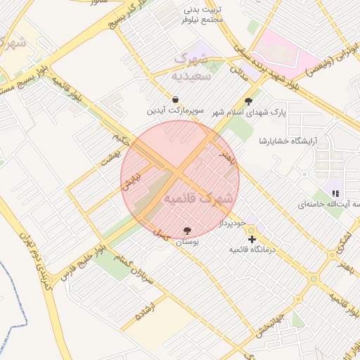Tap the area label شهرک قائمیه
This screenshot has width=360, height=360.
(x=198, y=200)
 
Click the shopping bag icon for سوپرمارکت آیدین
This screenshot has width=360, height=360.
(x=175, y=99)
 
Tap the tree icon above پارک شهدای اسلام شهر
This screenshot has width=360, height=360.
(x=247, y=101)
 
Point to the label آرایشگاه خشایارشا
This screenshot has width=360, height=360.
(x=288, y=141)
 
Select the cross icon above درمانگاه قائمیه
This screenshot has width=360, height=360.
(x=252, y=239)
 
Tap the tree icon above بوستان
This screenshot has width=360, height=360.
(x=187, y=231)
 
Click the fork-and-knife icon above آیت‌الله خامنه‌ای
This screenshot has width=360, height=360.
(x=335, y=193)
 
